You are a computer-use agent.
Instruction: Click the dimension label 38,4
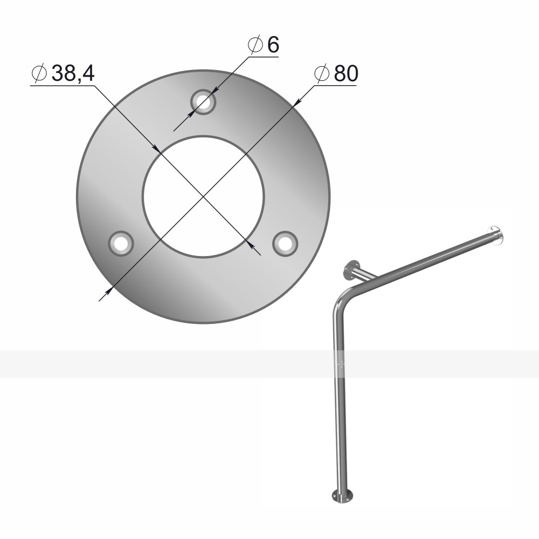[73, 73]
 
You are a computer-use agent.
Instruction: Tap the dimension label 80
[346, 73]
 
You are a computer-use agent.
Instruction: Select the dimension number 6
[273, 45]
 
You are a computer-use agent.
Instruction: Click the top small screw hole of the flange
[203, 101]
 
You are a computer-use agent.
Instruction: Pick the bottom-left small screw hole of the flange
[121, 244]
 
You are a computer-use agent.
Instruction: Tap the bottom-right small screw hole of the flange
[285, 244]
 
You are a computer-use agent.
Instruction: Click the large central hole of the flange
[203, 196]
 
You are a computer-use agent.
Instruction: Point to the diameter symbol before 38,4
[39, 73]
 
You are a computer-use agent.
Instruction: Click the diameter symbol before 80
[322, 73]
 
